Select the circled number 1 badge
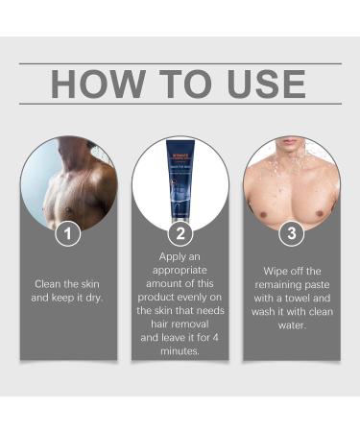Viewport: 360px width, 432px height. [67, 232]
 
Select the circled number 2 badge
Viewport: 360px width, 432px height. [180, 232]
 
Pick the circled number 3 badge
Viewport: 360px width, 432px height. [291, 232]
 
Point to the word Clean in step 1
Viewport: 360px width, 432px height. [50, 284]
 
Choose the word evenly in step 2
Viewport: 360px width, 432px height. [196, 298]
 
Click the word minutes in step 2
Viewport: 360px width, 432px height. [180, 351]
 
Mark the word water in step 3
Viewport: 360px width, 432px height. [291, 324]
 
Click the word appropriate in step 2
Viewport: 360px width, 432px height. [180, 272]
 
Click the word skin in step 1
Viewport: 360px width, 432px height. [88, 284]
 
